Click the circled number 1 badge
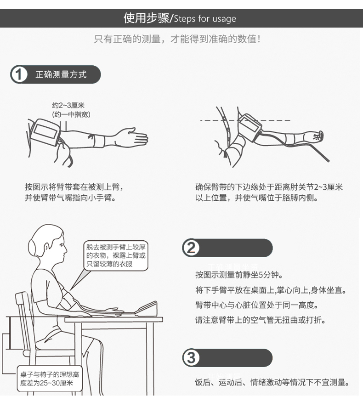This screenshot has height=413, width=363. pyautogui.click(x=19, y=74)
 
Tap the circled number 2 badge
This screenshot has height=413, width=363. pyautogui.click(x=191, y=248)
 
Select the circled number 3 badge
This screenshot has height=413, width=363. pyautogui.click(x=191, y=358)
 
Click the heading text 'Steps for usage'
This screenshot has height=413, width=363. pyautogui.click(x=205, y=19)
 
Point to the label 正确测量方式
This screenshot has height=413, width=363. pyautogui.click(x=61, y=74)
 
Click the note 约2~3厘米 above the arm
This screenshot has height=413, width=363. pyautogui.click(x=68, y=105)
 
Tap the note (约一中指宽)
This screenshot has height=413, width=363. pyautogui.click(x=71, y=114)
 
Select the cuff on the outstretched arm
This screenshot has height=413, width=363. pyautogui.click(x=45, y=132)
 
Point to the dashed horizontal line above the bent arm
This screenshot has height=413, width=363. pyautogui.click(x=245, y=120)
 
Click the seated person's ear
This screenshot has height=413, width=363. pyautogui.click(x=46, y=248)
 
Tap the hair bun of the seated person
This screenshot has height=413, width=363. pyautogui.click(x=34, y=247)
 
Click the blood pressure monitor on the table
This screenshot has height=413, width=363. pyautogui.click(x=147, y=308)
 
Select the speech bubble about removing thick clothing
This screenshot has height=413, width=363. pyautogui.click(x=116, y=255)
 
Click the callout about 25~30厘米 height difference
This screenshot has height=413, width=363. pyautogui.click(x=50, y=379)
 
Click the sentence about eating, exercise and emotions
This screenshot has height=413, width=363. pyautogui.click(x=272, y=382)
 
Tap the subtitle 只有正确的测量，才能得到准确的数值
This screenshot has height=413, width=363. pyautogui.click(x=177, y=39)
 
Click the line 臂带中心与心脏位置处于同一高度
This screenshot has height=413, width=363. pyautogui.click(x=257, y=305)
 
